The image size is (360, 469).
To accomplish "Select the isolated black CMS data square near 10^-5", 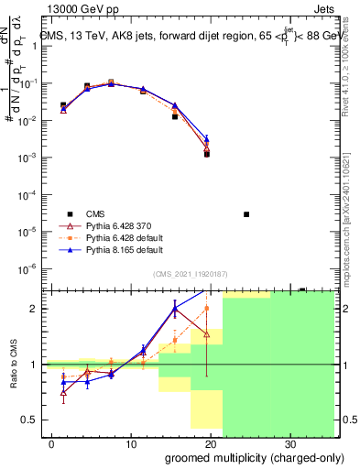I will tap(246, 214).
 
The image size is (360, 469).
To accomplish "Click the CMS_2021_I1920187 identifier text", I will tap(190, 272).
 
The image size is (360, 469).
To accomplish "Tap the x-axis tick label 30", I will tap(289, 443).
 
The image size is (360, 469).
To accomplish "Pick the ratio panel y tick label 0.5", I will tap(30, 420).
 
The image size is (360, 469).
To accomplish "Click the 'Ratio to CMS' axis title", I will tap(14, 365).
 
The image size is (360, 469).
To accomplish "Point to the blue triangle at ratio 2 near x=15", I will tap(175, 309).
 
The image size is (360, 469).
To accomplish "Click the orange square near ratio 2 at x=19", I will tap(207, 309).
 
